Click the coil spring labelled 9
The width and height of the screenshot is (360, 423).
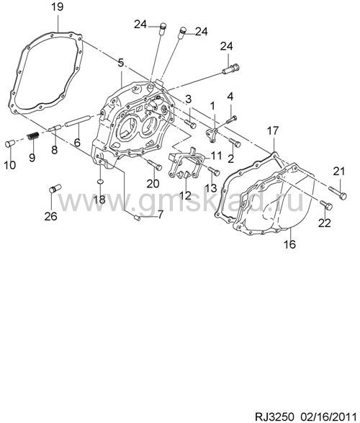pos(34,136)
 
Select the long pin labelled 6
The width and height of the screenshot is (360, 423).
pos(78,120)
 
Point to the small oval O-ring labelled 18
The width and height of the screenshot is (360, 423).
pos(99,182)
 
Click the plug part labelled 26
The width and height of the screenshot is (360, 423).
pos(55,188)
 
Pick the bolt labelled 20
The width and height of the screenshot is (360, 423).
pos(154,165)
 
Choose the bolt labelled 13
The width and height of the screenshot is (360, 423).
pos(214,171)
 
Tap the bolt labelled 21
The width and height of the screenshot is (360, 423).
pos(338,193)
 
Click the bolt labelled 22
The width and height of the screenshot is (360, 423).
pos(326,205)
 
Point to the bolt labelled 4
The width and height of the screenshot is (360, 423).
pos(231,119)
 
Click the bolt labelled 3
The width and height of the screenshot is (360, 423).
pos(190,124)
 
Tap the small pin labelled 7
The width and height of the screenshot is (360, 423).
pos(137,217)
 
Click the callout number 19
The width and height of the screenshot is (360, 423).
pos(58,6)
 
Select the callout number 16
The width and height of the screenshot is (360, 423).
pos(289,244)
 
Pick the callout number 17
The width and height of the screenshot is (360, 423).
pos(273,131)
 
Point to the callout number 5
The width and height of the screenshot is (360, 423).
pos(121,63)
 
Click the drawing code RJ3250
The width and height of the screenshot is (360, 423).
pos(273,417)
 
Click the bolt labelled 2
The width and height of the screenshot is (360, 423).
pos(235,143)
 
